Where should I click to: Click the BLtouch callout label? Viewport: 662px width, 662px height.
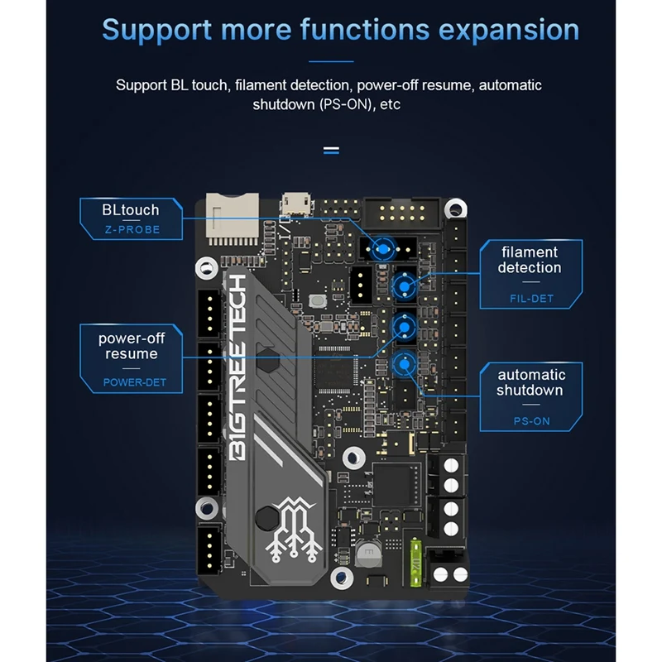[130, 209]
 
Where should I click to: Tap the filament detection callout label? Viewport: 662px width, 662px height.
[530, 260]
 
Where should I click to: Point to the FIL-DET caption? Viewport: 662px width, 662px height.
[530, 299]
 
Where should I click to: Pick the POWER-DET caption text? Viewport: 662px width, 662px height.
[134, 382]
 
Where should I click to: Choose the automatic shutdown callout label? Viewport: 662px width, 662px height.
[530, 382]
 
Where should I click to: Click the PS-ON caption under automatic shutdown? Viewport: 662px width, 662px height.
[530, 421]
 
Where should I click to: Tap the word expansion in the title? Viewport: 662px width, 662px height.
[508, 30]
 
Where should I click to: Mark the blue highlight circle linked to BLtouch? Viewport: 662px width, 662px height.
[382, 247]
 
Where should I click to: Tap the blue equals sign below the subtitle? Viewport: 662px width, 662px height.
[331, 151]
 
